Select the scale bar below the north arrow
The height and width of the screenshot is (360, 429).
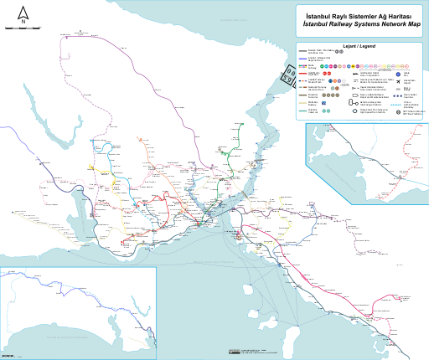point(23,28)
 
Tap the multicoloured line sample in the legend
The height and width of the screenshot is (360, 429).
point(300,65)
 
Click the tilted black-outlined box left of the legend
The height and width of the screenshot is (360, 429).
point(287,77)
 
